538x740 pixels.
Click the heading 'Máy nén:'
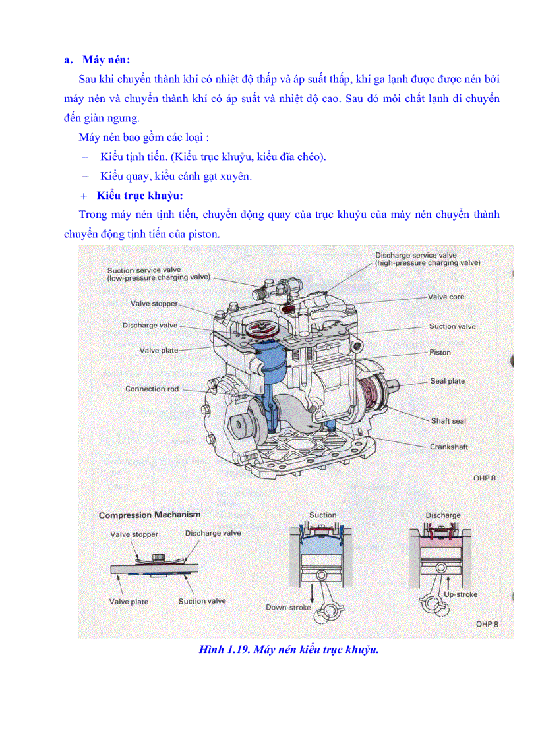tap(106, 60)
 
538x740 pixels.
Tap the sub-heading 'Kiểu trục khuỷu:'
tap(139, 196)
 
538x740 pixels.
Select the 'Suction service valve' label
tap(144, 270)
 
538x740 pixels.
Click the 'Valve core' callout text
tap(446, 297)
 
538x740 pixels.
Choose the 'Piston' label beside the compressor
tap(440, 353)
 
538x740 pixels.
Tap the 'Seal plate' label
tap(447, 381)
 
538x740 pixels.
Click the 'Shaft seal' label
tap(448, 420)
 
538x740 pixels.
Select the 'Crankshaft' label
tap(448, 447)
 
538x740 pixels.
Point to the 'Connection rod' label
tap(152, 389)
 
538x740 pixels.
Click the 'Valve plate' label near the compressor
tap(158, 351)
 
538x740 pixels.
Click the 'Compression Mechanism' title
tap(150, 515)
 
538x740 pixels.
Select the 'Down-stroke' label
tap(288, 607)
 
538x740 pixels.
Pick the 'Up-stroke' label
tap(460, 594)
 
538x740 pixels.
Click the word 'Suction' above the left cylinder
tap(322, 515)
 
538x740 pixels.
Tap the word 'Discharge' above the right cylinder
tap(442, 515)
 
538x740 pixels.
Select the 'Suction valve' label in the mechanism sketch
tap(202, 601)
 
